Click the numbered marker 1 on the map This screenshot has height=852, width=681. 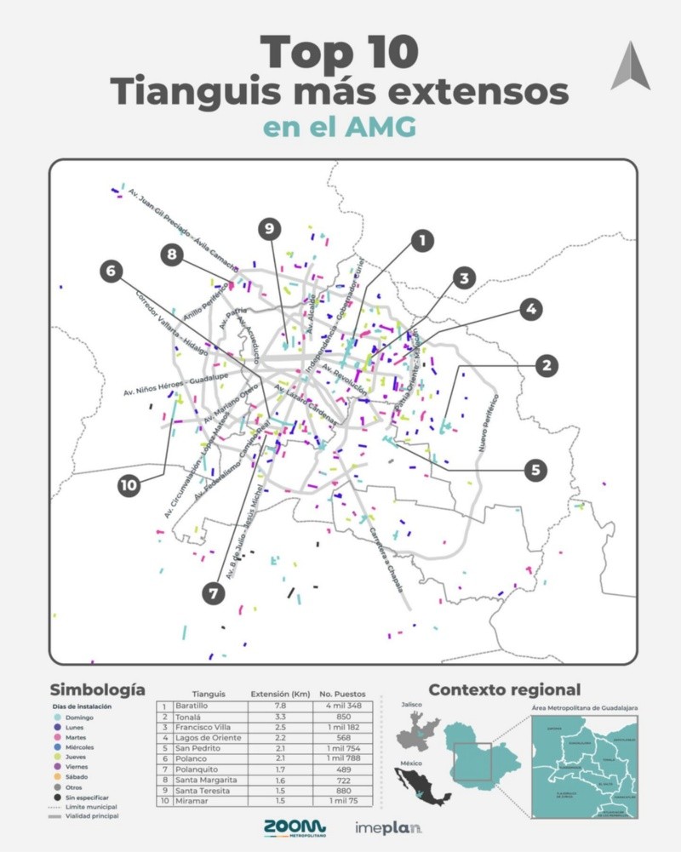[420, 241]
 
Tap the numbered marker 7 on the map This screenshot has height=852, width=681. [214, 592]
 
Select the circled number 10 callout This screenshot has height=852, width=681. [129, 485]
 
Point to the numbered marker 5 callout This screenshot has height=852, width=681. [535, 469]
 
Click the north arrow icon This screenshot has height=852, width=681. [630, 66]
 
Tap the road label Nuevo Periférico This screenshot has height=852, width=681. [488, 423]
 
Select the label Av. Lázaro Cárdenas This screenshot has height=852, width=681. [306, 403]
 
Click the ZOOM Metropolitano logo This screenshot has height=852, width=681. [294, 827]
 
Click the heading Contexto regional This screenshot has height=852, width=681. [504, 689]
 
